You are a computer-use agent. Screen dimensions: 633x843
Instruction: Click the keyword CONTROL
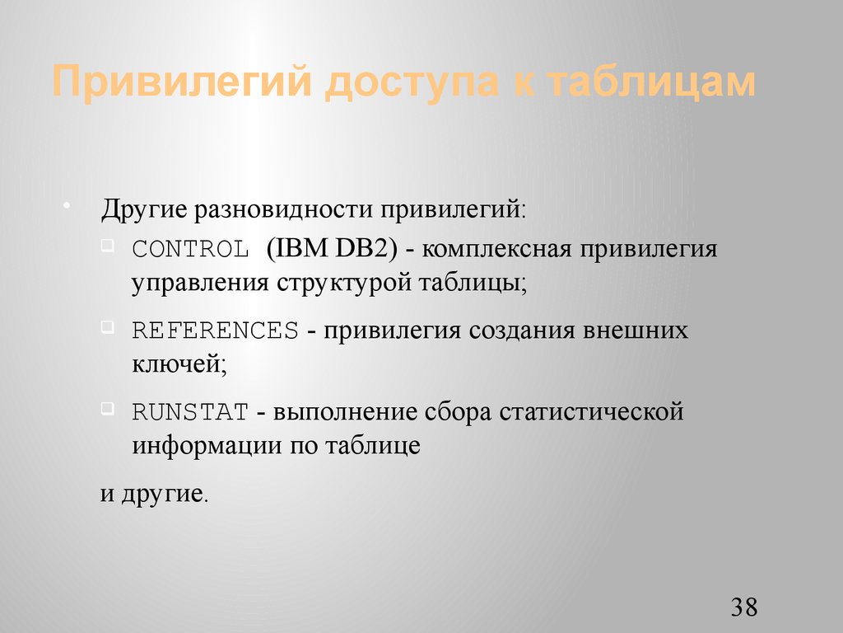190,249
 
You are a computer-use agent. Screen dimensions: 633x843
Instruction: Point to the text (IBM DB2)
331,248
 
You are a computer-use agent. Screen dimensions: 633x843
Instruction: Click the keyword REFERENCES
215,331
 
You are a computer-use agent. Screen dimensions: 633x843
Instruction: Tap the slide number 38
743,608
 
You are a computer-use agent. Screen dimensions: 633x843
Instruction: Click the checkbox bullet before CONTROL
109,244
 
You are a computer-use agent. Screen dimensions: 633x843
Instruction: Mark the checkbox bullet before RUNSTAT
109,407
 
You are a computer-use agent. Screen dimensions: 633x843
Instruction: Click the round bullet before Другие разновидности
66,203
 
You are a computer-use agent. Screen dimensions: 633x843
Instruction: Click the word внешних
636,331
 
